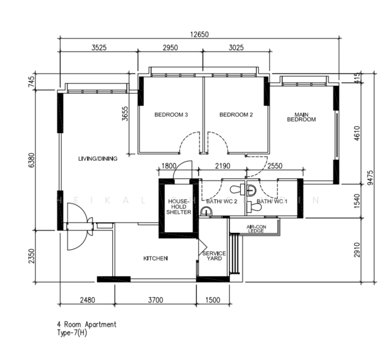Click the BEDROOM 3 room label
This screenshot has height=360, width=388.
tap(171, 115)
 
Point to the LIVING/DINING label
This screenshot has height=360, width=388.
tap(97, 159)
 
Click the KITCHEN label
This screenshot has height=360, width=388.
tap(155, 259)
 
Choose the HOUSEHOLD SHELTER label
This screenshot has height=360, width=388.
tap(179, 207)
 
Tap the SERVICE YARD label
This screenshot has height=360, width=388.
tap(214, 257)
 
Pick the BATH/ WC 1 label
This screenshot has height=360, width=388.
tap(272, 202)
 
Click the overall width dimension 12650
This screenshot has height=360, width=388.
tap(199, 35)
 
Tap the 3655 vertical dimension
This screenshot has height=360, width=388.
tap(126, 113)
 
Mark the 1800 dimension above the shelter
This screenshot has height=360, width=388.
tap(169, 166)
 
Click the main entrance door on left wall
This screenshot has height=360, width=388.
tap(72, 227)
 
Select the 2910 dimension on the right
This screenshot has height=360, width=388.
tap(358, 250)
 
